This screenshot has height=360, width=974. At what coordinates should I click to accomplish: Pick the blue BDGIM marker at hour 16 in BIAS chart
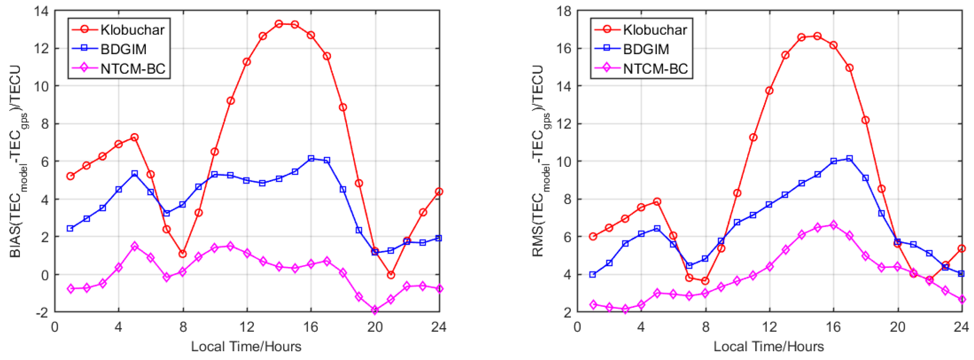(311, 159)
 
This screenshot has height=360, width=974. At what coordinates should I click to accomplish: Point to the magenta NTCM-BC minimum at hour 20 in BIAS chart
(375, 310)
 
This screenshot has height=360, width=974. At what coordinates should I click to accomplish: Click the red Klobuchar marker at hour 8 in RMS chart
(705, 281)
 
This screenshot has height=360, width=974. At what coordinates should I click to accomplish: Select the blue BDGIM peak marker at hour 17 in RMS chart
(849, 159)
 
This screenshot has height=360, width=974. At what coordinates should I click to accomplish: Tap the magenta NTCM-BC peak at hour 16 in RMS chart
(833, 225)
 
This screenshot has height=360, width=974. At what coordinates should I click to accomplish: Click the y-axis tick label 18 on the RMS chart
(563, 11)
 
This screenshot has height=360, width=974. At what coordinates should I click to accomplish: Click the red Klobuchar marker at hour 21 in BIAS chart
(391, 275)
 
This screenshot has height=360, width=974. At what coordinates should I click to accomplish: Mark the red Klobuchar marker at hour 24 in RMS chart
(962, 249)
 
